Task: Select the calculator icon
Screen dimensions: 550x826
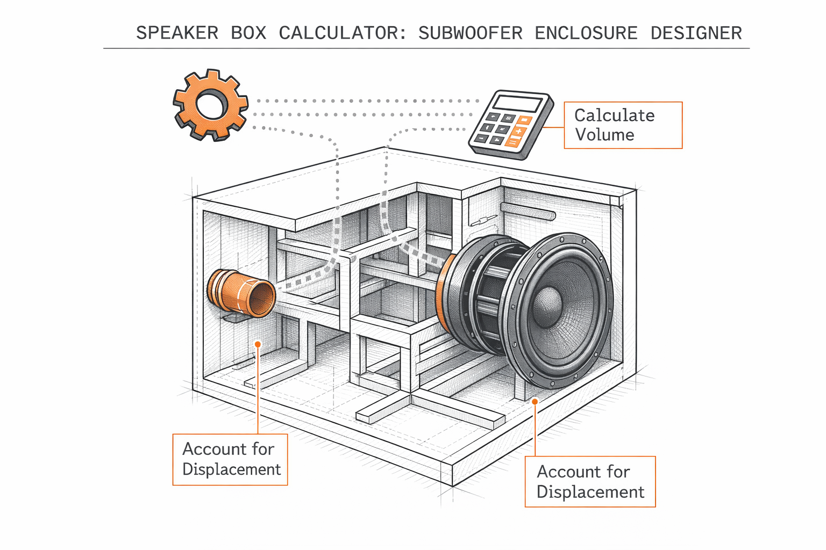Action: [510, 125]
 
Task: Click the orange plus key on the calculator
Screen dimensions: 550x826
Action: [518, 132]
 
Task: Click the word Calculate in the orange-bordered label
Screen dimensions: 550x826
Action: [614, 115]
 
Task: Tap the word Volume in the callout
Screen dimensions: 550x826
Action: [604, 135]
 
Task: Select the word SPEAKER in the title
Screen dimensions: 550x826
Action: [177, 33]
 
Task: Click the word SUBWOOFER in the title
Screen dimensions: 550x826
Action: [470, 33]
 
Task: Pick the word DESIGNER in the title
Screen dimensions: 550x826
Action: [696, 33]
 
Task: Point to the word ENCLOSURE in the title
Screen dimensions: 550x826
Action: [586, 33]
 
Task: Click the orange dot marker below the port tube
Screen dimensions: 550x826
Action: [258, 344]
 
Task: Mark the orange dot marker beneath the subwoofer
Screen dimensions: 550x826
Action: [535, 401]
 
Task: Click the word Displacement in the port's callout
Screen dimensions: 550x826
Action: [231, 469]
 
